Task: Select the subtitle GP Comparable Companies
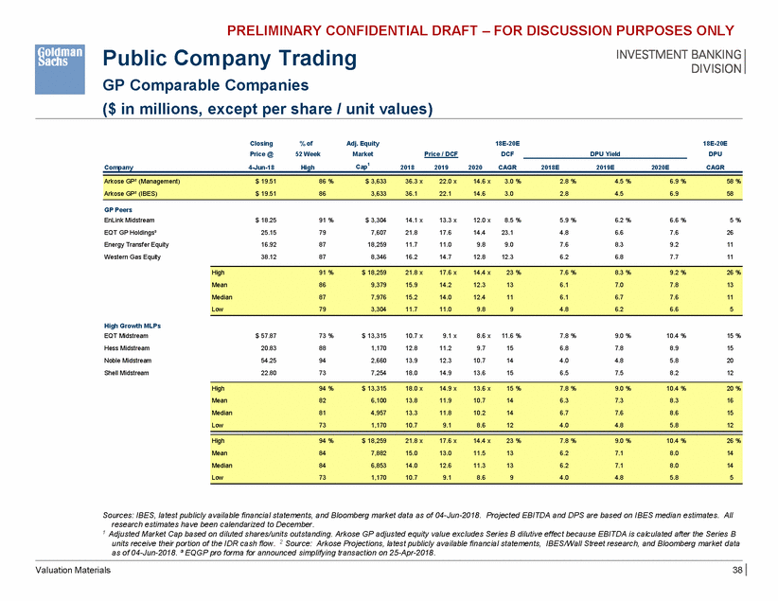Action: click(213, 85)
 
